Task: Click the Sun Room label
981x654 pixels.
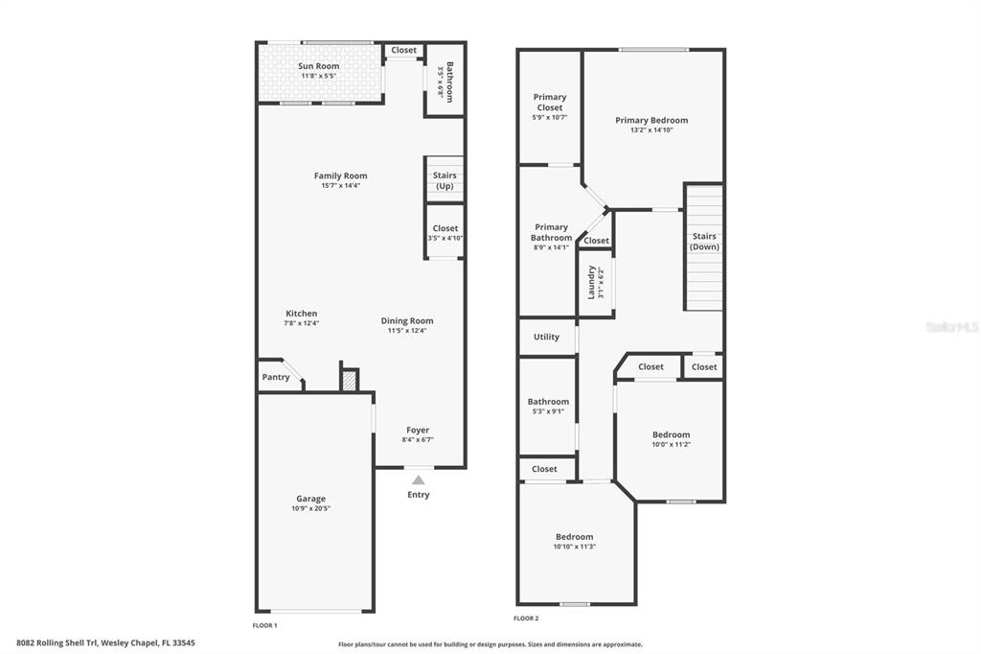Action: [318, 66]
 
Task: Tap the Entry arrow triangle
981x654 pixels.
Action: [418, 479]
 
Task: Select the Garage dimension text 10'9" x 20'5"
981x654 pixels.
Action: [311, 508]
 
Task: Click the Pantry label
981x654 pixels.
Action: [276, 377]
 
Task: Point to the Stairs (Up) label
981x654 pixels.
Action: [445, 180]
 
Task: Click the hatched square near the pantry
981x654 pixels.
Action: [349, 381]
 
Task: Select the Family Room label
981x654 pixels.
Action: [340, 176]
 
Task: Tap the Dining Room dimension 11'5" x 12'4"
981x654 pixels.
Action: [407, 331]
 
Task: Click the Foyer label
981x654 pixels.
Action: [418, 430]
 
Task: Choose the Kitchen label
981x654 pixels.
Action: [302, 314]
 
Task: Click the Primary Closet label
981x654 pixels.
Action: [550, 102]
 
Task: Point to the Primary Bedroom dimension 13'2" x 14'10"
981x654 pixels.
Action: [651, 130]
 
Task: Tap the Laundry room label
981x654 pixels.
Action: [591, 282]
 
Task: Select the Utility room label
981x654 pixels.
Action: [546, 337]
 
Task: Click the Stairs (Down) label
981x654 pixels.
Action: [704, 242]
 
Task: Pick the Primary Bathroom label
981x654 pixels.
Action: [551, 232]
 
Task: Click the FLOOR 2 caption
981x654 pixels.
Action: [526, 619]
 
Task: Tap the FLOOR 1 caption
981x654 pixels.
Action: [264, 625]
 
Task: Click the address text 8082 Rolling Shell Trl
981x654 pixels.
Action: [57, 642]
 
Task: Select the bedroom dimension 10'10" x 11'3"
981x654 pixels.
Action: [575, 547]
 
